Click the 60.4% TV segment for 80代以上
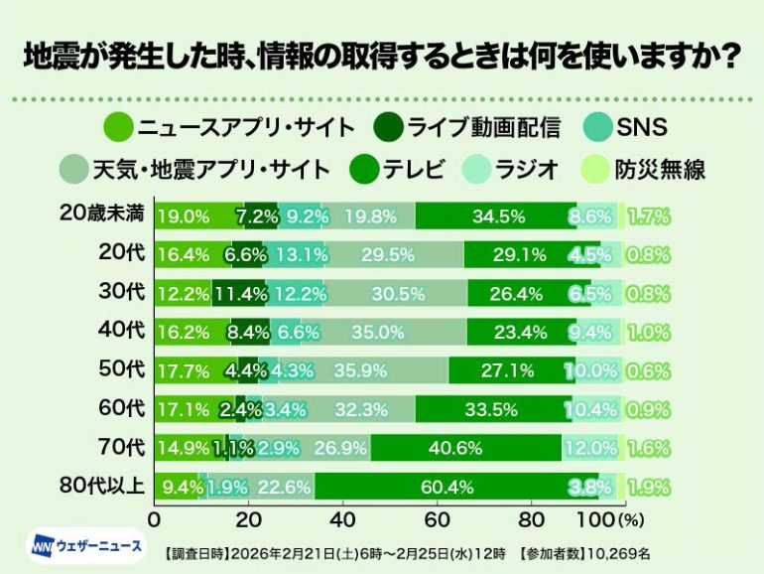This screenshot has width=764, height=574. coord(456,486)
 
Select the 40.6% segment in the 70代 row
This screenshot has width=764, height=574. coord(466,448)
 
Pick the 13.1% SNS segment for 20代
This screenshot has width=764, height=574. coord(294,254)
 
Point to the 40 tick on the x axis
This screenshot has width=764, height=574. coord(342,518)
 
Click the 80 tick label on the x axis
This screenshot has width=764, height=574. coord(531,518)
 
